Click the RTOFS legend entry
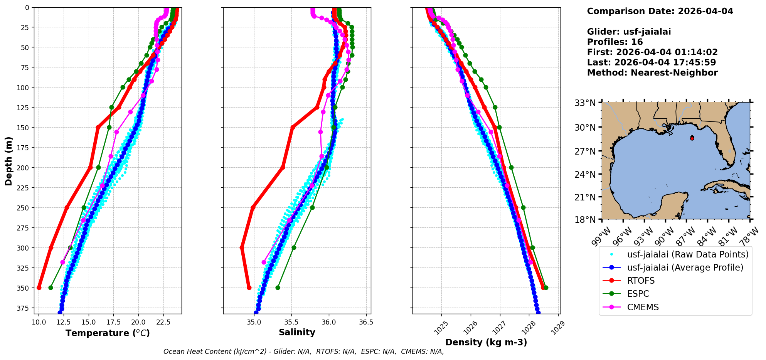point(641,281)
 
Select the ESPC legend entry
point(638,294)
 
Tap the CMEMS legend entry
point(643,307)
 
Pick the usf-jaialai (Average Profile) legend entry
point(685,267)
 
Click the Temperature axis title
point(108,333)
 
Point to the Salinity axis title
point(297,332)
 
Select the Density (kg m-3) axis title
point(486,342)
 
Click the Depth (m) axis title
point(8,161)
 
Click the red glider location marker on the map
point(692,138)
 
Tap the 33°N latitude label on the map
point(585,103)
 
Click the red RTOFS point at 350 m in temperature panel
point(39,288)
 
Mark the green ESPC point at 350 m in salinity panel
point(278,288)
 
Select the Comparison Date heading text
point(660,11)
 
